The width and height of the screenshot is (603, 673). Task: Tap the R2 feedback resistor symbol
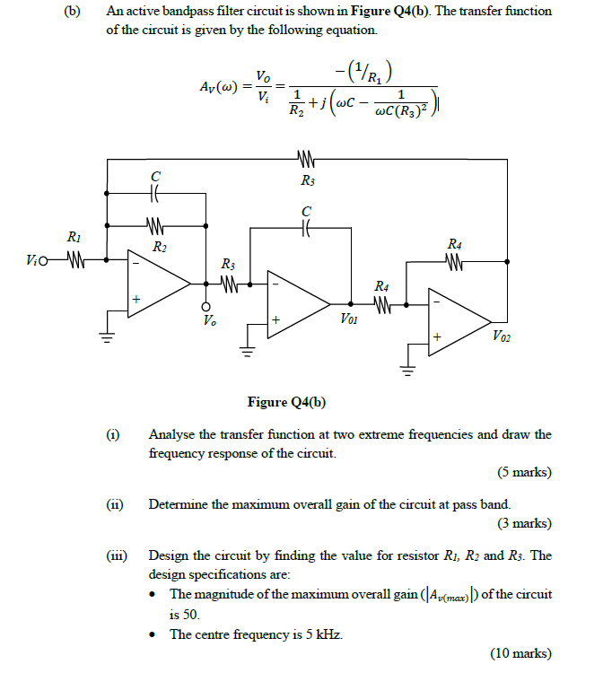click(155, 226)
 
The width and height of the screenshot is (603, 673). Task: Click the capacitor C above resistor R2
click(155, 191)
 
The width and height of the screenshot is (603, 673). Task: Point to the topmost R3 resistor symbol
click(307, 162)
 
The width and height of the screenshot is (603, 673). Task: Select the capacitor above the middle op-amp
click(307, 230)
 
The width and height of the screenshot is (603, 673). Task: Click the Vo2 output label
click(503, 336)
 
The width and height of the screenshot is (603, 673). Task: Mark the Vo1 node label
click(351, 318)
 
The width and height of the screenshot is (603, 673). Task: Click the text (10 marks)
click(521, 652)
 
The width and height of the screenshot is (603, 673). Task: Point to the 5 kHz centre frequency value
click(320, 634)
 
